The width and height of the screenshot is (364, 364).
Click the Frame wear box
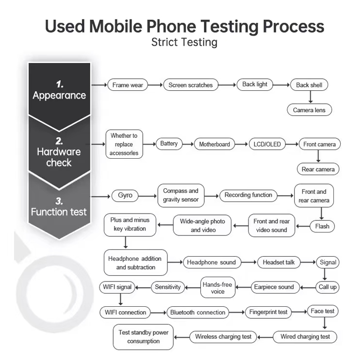point(127,85)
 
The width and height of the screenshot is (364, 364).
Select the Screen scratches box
point(190,85)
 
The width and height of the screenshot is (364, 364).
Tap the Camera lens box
point(309,110)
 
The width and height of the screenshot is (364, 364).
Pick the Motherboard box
point(214,144)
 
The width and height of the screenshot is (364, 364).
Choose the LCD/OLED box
point(267,144)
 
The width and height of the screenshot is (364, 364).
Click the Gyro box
point(125,196)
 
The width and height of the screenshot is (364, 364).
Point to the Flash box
point(322,226)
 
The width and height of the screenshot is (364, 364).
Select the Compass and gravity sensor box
point(181,196)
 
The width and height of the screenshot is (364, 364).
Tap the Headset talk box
point(279,262)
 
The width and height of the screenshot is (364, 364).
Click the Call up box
point(328,287)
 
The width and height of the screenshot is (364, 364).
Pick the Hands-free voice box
point(218,287)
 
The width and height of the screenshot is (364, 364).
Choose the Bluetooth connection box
point(198,312)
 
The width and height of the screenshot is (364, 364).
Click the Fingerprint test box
point(269,312)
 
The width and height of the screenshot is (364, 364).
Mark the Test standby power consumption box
point(143,337)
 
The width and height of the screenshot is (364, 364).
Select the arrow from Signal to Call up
point(326,274)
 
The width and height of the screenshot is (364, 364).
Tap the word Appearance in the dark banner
point(59,96)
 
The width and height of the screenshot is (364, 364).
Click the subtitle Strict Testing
point(184,42)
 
